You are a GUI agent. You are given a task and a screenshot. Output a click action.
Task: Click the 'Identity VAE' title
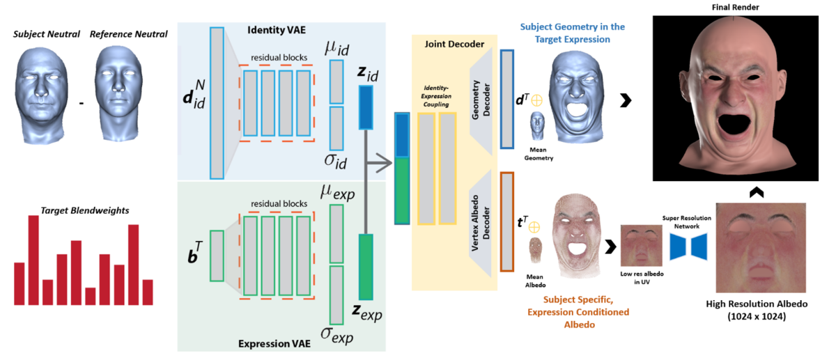pyautogui.click(x=277, y=30)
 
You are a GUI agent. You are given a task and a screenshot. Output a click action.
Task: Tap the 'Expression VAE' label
pyautogui.click(x=274, y=343)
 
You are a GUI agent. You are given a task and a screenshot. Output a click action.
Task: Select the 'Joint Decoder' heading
pyautogui.click(x=454, y=44)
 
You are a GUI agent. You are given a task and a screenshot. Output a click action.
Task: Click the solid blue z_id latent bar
pyautogui.click(x=366, y=107)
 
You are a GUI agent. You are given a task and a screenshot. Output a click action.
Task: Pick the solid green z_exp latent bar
pyautogui.click(x=366, y=267)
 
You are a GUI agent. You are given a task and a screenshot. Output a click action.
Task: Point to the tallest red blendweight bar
pyautogui.click(x=33, y=260)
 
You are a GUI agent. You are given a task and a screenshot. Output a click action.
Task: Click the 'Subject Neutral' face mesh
pyautogui.click(x=41, y=95)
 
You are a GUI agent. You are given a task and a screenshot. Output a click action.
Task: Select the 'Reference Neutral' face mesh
pyautogui.click(x=118, y=93)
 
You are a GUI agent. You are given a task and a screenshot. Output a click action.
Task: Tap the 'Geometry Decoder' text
pyautogui.click(x=481, y=100)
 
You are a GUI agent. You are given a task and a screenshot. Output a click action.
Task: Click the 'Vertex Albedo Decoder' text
pyautogui.click(x=480, y=223)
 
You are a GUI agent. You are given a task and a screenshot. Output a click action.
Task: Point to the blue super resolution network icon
pyautogui.click(x=688, y=246)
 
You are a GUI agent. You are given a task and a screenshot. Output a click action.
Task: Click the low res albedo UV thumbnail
pyautogui.click(x=641, y=245)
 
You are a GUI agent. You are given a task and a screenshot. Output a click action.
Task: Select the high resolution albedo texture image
pyautogui.click(x=761, y=248)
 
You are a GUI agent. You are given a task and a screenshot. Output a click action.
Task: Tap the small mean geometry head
pyautogui.click(x=537, y=126)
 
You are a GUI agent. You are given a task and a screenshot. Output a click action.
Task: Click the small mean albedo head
pyautogui.click(x=535, y=251)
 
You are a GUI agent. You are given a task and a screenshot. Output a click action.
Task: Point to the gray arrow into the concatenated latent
pyautogui.click(x=379, y=163)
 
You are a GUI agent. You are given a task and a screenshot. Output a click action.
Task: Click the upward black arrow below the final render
pyautogui.click(x=757, y=191)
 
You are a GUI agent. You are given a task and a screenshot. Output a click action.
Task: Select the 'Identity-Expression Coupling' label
pyautogui.click(x=436, y=96)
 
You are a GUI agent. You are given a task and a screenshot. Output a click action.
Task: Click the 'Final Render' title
pyautogui.click(x=735, y=7)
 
